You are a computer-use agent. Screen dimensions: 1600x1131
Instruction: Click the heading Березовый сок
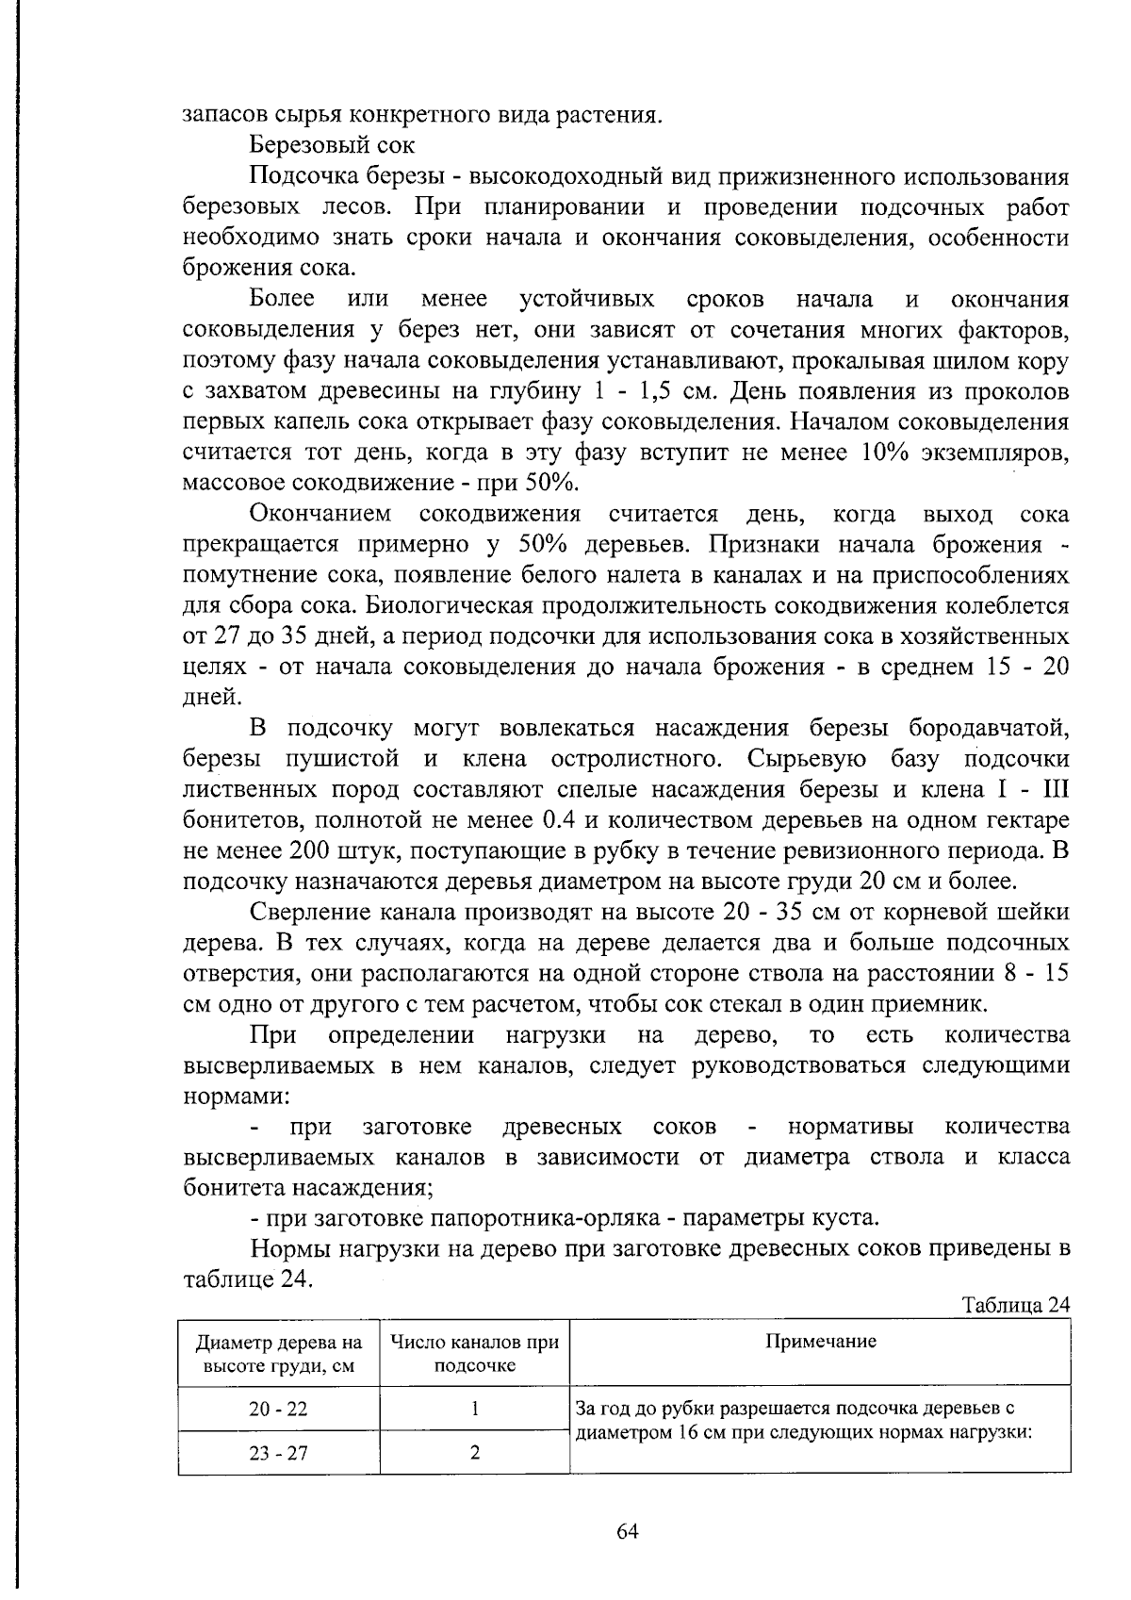point(333,146)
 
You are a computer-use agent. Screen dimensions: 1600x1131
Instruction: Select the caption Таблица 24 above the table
point(1015,1305)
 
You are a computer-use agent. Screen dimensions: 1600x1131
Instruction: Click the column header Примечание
point(820,1342)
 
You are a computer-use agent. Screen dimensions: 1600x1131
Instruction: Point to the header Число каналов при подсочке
point(474,1353)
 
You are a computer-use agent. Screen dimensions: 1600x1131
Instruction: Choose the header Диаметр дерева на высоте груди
point(278,1353)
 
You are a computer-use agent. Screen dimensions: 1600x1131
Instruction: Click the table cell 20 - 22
point(278,1409)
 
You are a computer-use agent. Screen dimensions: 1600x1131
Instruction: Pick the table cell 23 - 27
point(278,1453)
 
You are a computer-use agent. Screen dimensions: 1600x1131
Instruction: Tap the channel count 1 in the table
point(475,1409)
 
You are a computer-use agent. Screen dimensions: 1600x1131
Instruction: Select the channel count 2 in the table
point(475,1453)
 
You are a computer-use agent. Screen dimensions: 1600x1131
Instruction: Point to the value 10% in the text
point(885,453)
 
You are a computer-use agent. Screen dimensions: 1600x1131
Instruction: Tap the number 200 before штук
point(310,850)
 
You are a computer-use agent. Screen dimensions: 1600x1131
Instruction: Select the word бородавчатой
point(989,729)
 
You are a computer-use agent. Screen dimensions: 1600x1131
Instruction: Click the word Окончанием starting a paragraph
point(320,514)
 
